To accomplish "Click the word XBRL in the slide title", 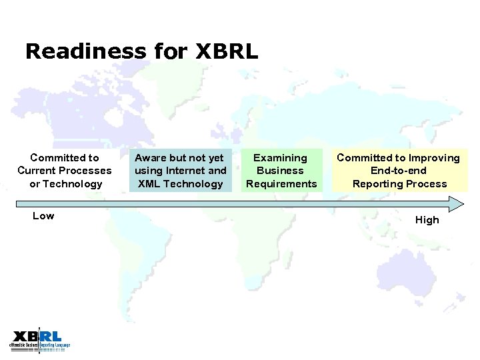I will click(227, 51).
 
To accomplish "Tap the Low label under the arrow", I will click(43, 216).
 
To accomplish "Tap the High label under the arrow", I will click(427, 220).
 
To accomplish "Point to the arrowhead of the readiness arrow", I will click(457, 204).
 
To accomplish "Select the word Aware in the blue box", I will click(151, 158).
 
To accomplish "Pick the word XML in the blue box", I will click(149, 184).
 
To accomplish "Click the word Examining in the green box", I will click(281, 158).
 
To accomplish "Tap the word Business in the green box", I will click(281, 171).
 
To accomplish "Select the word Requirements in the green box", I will click(281, 184).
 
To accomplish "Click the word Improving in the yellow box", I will click(434, 158).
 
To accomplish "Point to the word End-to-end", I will click(399, 171).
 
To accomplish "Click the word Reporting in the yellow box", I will click(376, 184).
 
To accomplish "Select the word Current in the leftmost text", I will click(37, 171).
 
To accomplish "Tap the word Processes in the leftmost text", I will click(86, 171).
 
